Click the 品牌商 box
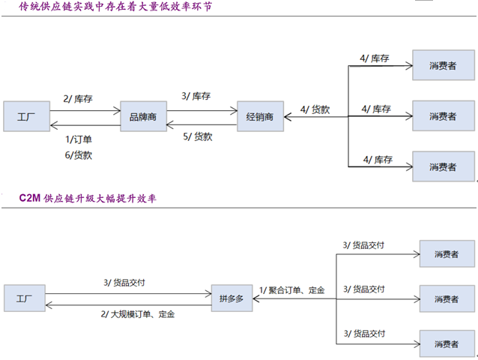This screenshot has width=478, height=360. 143,116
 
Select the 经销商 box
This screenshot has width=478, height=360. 259,116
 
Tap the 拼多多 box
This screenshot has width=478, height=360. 232,298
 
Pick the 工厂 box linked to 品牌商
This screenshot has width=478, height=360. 25,116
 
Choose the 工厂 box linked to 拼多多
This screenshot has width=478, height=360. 25,298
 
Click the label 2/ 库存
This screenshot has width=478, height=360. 77,98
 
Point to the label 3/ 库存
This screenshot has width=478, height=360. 196,97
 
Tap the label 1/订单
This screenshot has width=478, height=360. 78,139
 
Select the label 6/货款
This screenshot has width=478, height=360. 78,155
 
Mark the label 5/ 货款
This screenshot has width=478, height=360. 198,136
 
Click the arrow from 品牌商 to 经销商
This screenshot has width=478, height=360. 202,110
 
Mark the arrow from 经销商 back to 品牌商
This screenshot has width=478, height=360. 202,124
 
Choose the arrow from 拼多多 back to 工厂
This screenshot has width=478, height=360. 127,304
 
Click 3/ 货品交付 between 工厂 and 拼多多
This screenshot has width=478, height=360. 124,283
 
